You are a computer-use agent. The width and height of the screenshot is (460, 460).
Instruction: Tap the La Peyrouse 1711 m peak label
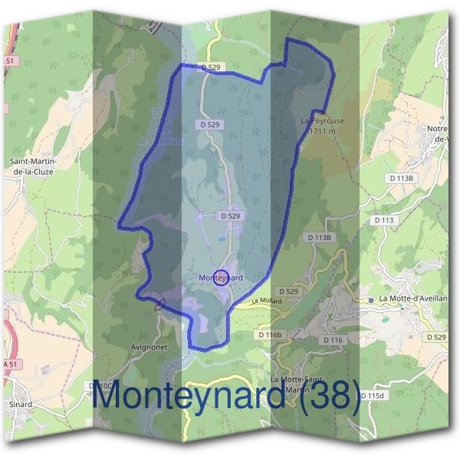319,126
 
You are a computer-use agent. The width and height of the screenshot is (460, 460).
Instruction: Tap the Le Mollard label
267,301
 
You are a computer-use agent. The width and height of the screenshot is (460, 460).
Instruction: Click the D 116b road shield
271,335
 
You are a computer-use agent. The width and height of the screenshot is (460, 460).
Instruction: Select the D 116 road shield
333,340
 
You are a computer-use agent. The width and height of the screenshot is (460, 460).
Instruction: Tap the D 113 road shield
385,220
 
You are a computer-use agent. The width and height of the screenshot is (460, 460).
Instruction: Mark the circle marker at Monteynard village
221,277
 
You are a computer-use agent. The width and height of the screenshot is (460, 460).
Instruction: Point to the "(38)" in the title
321,398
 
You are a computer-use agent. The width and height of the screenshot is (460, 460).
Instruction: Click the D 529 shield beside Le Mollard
288,291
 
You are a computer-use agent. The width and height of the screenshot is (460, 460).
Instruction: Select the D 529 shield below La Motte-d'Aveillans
435,337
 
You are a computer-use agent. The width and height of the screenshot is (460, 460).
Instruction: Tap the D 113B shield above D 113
401,178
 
